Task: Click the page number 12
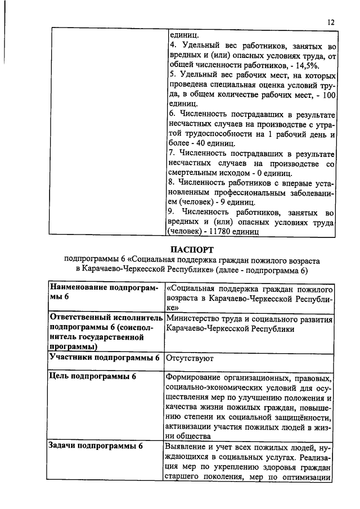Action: click(331, 22)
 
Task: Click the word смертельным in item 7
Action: click(194, 173)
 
